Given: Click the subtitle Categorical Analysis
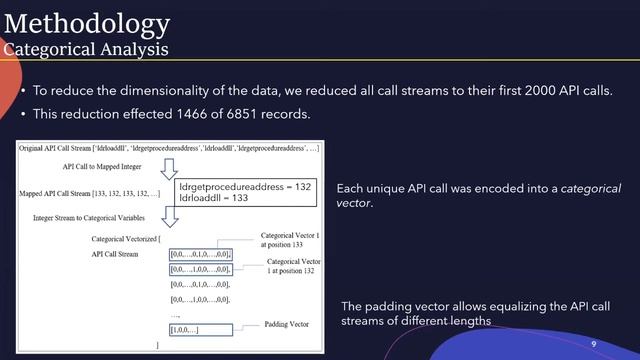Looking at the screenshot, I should coord(85,49).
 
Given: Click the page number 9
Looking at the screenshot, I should coord(593,343).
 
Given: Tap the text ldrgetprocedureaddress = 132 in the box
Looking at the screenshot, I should coord(245,186).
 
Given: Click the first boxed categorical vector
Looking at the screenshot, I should coord(201,254).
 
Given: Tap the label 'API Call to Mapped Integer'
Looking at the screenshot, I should coord(103,166).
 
